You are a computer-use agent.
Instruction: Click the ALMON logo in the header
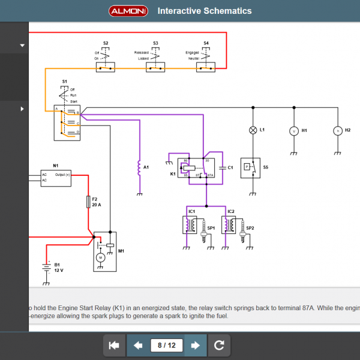point(128,11)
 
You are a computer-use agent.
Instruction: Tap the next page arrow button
point(195,345)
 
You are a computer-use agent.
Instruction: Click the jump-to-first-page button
point(113,345)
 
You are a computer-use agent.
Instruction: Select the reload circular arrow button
point(219,345)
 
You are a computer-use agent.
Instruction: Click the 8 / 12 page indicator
point(167,345)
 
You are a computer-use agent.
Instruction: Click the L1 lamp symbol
point(253,130)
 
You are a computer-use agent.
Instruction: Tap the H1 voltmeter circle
point(293,130)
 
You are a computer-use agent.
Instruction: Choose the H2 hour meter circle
point(337,130)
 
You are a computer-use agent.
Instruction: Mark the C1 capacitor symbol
point(223,168)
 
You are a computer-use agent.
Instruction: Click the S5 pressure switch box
point(250,167)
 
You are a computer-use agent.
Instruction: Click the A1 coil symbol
point(140,168)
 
